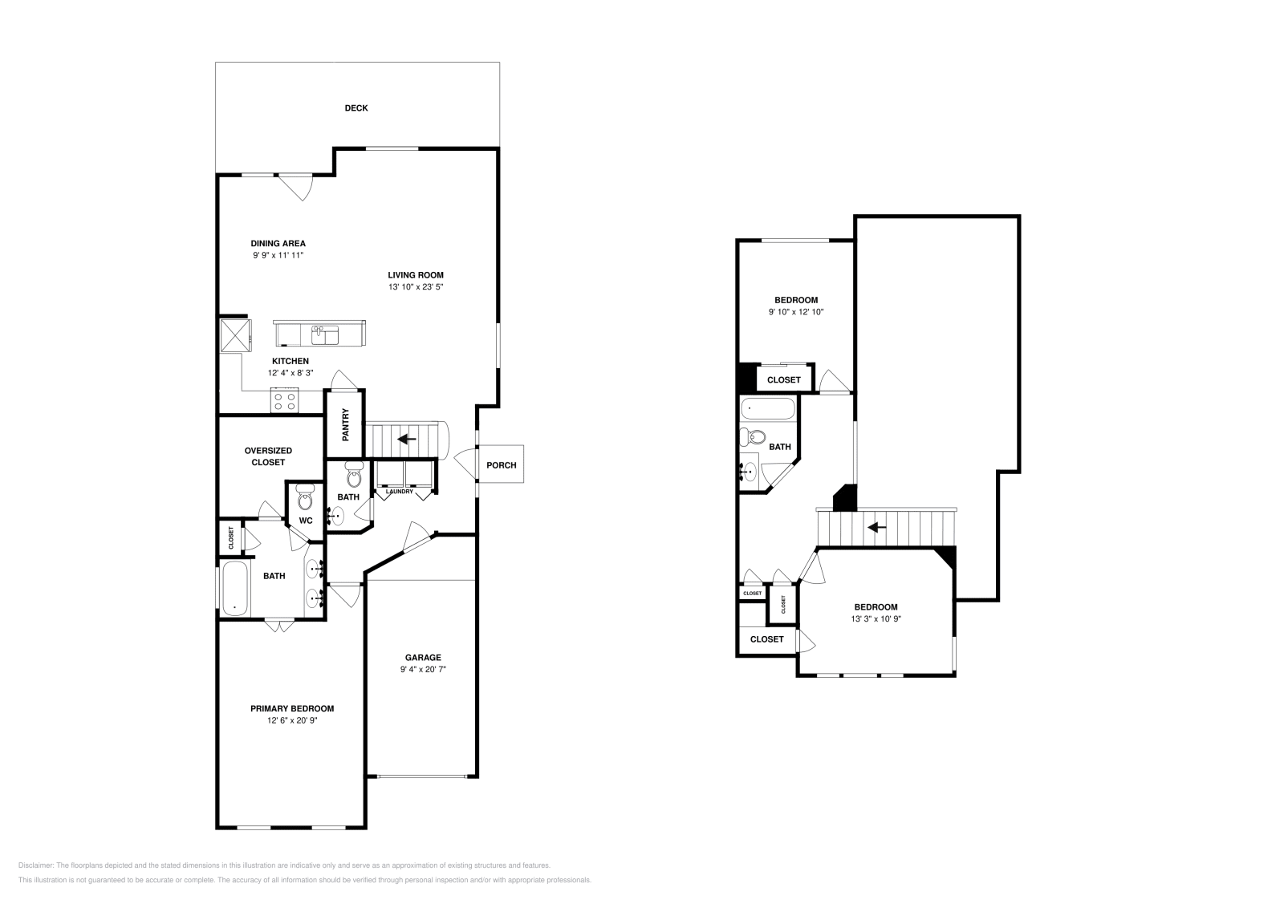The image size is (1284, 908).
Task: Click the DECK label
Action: (356, 108)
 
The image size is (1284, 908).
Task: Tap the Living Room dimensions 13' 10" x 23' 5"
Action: (416, 286)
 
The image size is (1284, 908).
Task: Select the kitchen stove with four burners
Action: (284, 400)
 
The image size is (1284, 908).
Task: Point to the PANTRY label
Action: (346, 424)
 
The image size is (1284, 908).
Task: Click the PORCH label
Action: (502, 465)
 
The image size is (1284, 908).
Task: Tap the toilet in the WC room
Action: (304, 499)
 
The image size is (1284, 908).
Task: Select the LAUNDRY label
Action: (399, 492)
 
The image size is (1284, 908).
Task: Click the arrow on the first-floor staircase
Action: (407, 439)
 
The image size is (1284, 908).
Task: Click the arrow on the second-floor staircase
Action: (876, 528)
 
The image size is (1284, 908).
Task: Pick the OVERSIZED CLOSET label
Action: (268, 456)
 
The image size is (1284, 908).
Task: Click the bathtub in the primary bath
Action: (234, 588)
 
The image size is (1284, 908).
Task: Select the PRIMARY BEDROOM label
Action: (292, 708)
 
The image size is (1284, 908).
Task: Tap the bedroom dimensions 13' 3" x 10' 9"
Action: (876, 618)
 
